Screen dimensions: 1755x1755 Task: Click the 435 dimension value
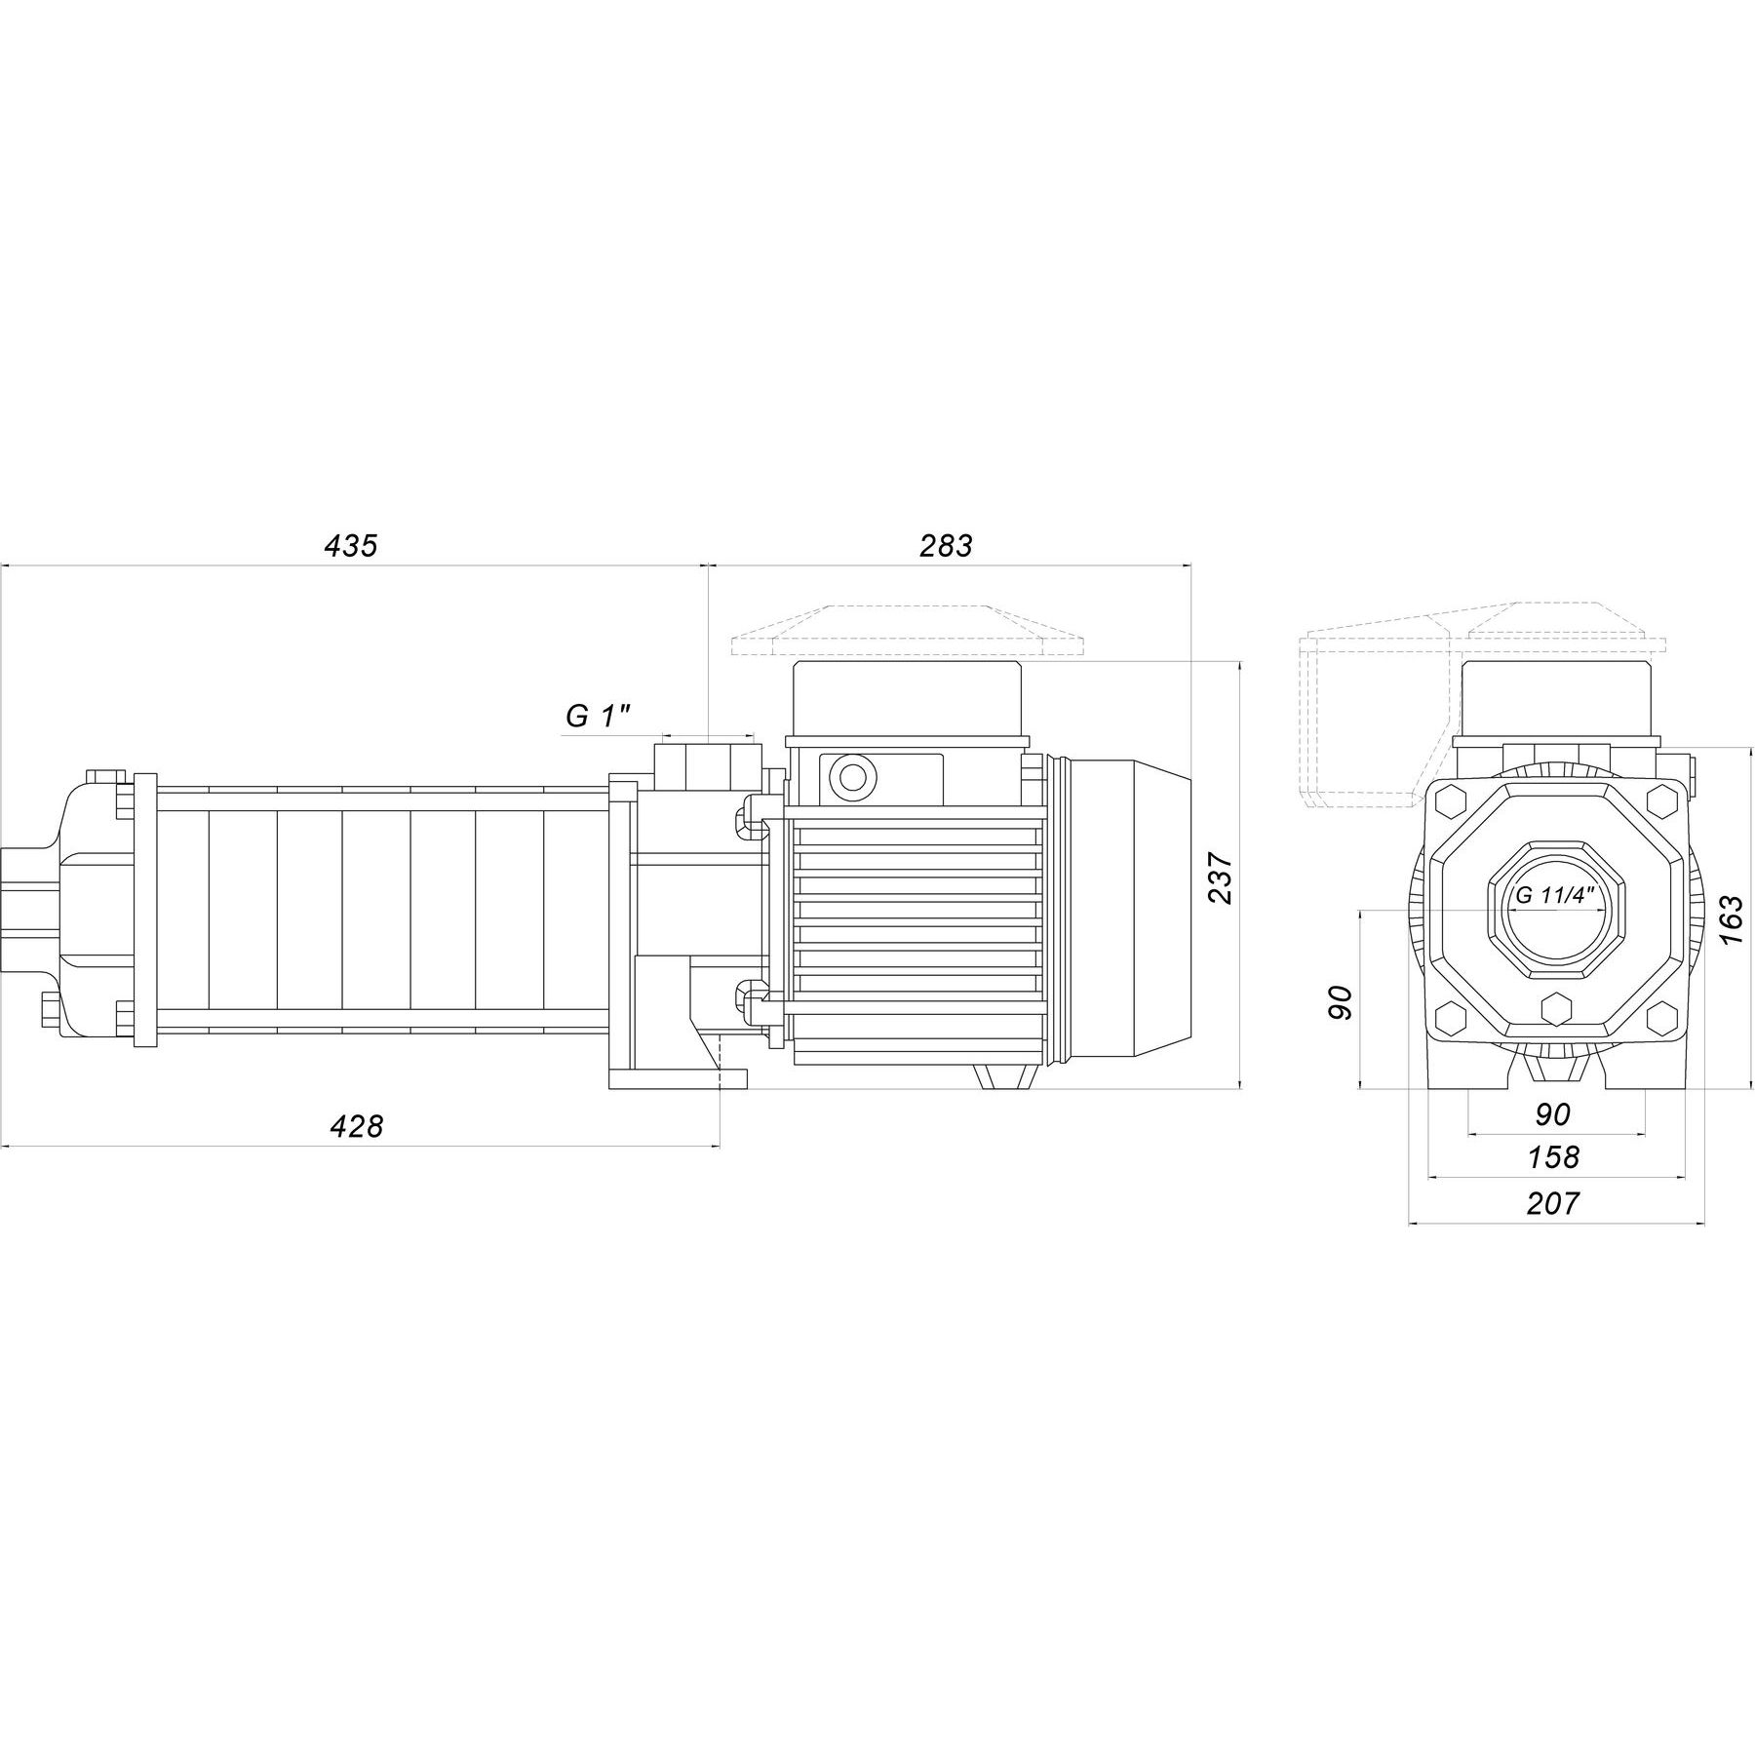pyautogui.click(x=350, y=546)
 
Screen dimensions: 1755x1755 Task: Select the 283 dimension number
pyautogui.click(x=946, y=546)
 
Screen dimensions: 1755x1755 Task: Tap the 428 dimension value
pyautogui.click(x=357, y=1127)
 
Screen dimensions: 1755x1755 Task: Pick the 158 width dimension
pyautogui.click(x=1552, y=1157)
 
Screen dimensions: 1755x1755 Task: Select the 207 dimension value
pyautogui.click(x=1552, y=1204)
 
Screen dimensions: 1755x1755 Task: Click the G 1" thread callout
pyautogui.click(x=599, y=717)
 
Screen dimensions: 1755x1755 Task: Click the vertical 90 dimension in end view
pyautogui.click(x=1342, y=1002)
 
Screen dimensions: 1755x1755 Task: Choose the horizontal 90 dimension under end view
pyautogui.click(x=1552, y=1113)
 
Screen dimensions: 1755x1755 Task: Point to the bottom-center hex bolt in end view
pyautogui.click(x=1554, y=1007)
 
